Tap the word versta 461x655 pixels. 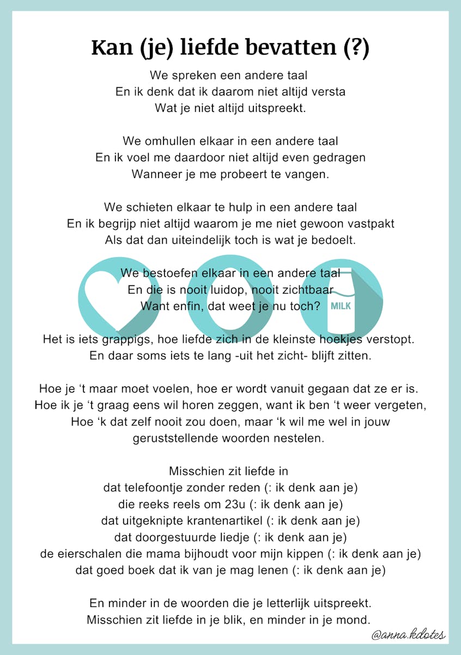pos(326,91)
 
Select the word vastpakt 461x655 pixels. pos(370,224)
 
